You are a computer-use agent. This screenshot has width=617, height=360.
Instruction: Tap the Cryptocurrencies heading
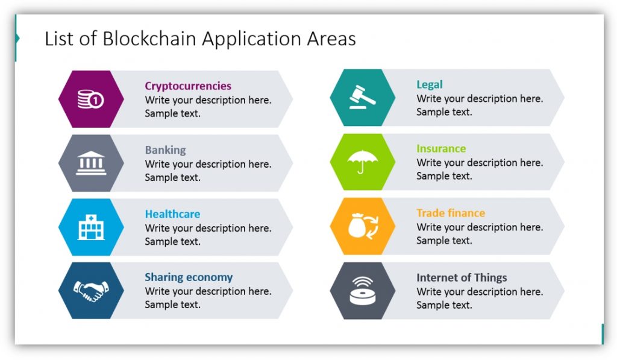(x=188, y=86)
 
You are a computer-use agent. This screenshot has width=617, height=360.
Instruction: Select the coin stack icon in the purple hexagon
(x=90, y=99)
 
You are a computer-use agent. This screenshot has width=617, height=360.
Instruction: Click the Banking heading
(x=165, y=150)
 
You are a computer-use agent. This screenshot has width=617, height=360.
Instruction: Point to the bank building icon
(x=91, y=163)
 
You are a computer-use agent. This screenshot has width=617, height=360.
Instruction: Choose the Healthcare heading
(x=172, y=214)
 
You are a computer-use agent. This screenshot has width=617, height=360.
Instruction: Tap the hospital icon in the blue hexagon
(x=91, y=227)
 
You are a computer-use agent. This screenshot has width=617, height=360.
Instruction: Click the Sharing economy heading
(x=189, y=277)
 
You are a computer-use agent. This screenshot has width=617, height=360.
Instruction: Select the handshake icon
(x=91, y=291)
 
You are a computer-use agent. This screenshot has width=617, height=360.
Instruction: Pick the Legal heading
(x=429, y=84)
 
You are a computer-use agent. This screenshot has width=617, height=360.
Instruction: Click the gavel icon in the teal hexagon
(x=362, y=97)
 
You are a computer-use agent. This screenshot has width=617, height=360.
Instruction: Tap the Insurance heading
(x=441, y=148)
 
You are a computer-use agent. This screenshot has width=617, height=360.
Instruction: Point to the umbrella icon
(x=362, y=162)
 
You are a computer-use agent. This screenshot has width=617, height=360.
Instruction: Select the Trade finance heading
(x=451, y=213)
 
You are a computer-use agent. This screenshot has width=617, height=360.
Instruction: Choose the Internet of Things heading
(x=462, y=277)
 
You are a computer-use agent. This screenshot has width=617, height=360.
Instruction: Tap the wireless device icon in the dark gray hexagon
(x=362, y=291)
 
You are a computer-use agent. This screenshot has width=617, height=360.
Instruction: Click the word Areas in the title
(x=331, y=39)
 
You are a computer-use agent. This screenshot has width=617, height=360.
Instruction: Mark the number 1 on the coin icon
(x=96, y=101)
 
